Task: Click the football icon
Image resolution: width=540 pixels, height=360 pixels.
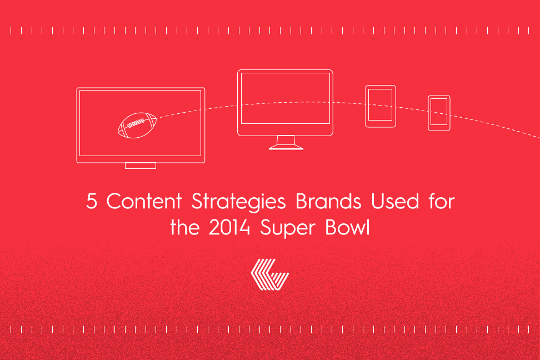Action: pos(137,126)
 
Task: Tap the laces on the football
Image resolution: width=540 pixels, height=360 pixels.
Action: pos(136,123)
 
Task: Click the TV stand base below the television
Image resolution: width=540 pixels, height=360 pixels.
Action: pos(141,166)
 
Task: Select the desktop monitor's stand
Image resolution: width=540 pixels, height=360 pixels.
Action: pos(286,143)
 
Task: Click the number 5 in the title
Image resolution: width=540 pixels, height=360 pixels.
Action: pos(91,201)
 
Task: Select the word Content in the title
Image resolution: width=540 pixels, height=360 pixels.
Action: pos(144,201)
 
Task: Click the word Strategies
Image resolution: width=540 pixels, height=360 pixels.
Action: pos(238,202)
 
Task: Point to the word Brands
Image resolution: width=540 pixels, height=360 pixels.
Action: pos(328,201)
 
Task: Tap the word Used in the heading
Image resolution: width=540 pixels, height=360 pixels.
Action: pos(394,201)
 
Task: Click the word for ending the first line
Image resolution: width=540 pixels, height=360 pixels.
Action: pos(442,201)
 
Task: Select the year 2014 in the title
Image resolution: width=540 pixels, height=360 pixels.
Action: pos(229,228)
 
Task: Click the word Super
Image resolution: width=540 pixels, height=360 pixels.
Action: pos(288,229)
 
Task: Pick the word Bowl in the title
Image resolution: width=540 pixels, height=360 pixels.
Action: pos(347,228)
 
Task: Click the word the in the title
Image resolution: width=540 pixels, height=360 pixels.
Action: pos(184,228)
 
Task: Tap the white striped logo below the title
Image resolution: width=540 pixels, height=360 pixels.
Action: pos(270,274)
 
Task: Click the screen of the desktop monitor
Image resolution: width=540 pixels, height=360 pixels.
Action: pos(286,98)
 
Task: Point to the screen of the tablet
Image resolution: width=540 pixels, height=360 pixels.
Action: pos(380,105)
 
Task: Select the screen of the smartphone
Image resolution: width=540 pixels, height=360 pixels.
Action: pos(439,112)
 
